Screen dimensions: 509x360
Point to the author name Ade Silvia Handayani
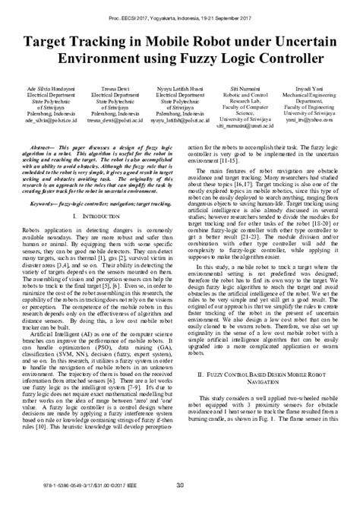coord(46,88)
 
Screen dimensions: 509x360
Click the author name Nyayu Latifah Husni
coord(177,88)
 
